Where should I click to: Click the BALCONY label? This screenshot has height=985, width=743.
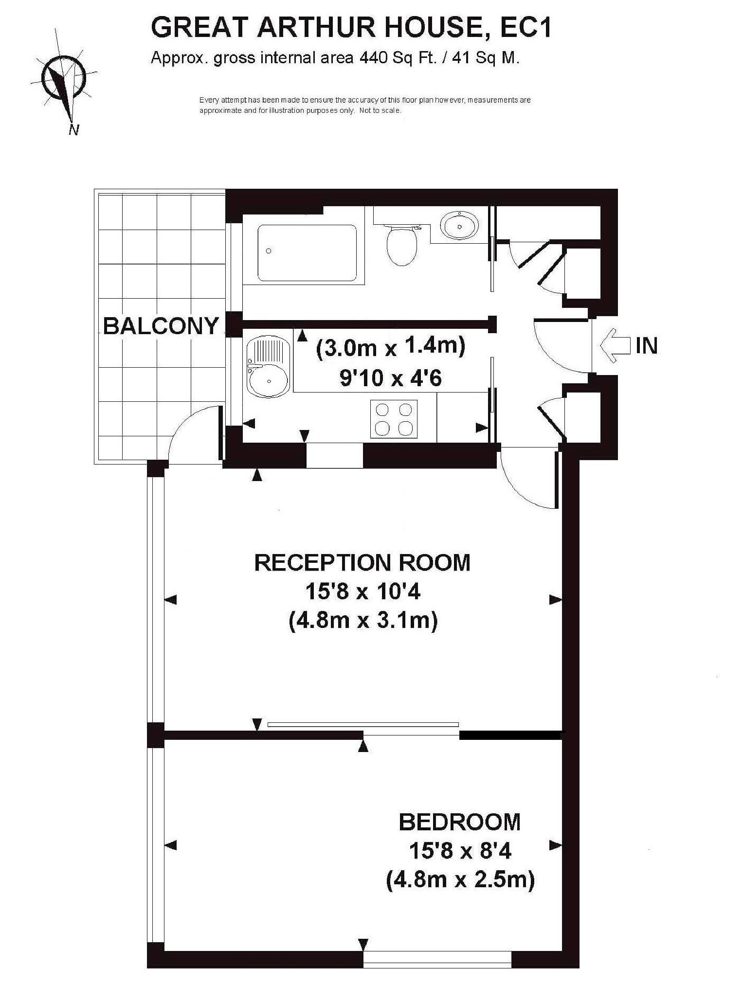[161, 326]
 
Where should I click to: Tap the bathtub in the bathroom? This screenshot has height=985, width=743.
[307, 252]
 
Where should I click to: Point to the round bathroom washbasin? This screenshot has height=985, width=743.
[459, 225]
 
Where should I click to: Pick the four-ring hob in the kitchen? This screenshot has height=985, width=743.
[394, 418]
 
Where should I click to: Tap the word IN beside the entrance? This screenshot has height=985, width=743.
[647, 345]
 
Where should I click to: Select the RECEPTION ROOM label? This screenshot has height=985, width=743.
[362, 563]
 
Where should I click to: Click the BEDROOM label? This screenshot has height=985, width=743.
[460, 822]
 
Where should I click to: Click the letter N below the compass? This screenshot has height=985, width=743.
[74, 129]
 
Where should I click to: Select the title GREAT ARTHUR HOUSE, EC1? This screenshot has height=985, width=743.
[352, 27]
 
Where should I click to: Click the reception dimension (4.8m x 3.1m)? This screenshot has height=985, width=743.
[363, 621]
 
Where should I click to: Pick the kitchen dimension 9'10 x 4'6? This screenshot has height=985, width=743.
[391, 377]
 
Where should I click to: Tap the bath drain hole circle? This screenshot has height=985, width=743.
[269, 251]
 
